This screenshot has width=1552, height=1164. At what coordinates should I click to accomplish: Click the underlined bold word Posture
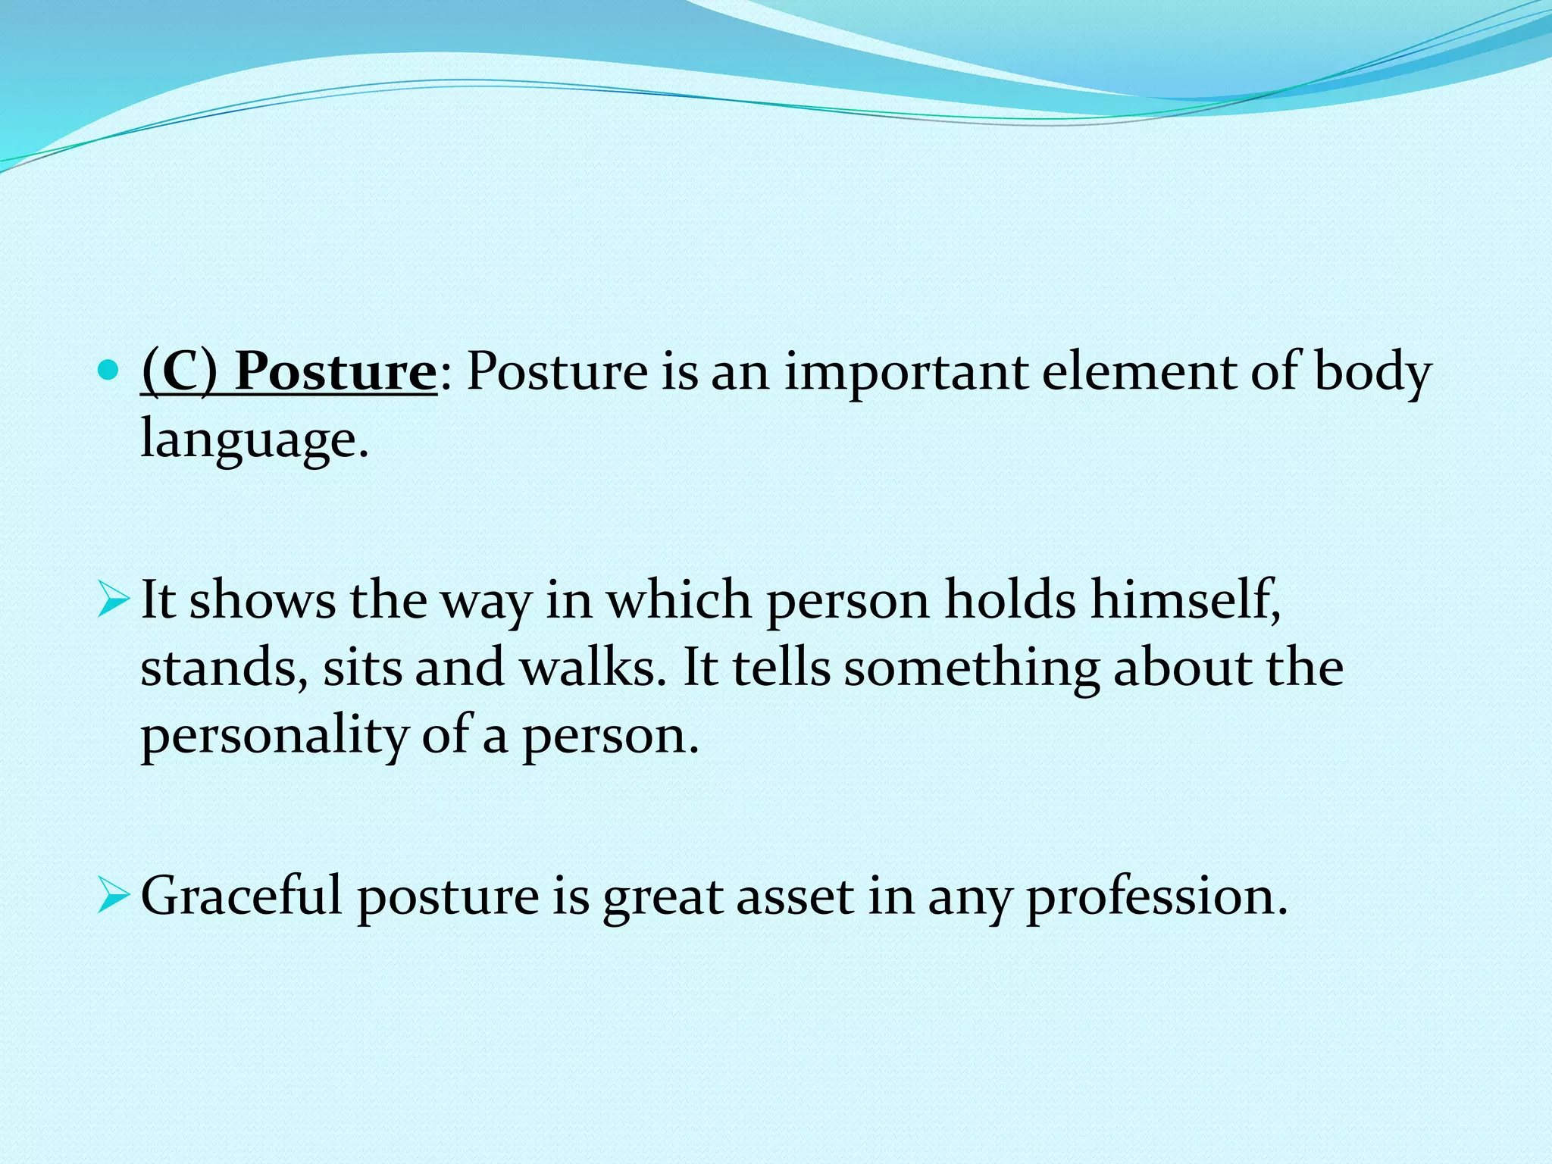[334, 373]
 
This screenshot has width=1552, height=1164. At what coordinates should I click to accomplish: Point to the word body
[1372, 373]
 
